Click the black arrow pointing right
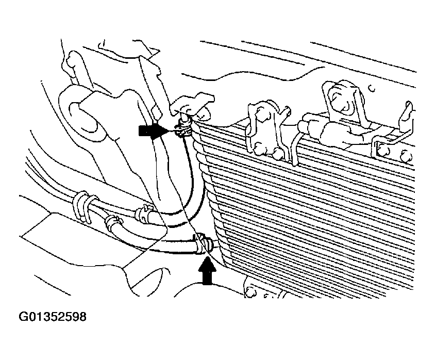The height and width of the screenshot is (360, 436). point(153,131)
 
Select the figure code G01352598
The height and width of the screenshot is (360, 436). point(53,317)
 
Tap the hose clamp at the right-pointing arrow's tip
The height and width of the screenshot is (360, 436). point(183,130)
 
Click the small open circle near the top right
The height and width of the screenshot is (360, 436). point(372,89)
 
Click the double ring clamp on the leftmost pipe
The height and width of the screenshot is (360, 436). point(83,206)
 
